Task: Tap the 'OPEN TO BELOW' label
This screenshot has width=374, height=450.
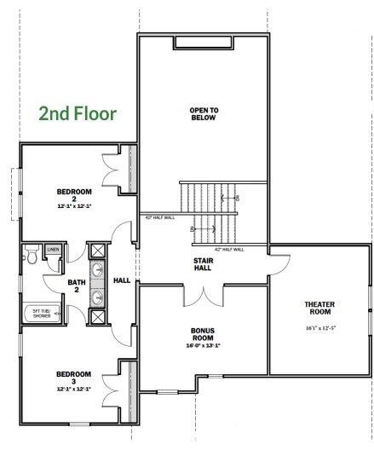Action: [203, 113]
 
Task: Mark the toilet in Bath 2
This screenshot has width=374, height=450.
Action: [32, 253]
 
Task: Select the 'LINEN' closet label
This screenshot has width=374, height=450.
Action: [53, 250]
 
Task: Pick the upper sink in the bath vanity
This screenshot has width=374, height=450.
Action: [98, 271]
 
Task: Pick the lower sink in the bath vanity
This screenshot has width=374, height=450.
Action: [98, 297]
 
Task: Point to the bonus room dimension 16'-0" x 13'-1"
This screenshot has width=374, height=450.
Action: [202, 345]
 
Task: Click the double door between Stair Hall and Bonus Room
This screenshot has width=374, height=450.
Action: [204, 293]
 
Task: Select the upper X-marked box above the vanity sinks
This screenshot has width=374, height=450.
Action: [97, 251]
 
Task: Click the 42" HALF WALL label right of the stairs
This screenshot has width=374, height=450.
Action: [228, 250]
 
